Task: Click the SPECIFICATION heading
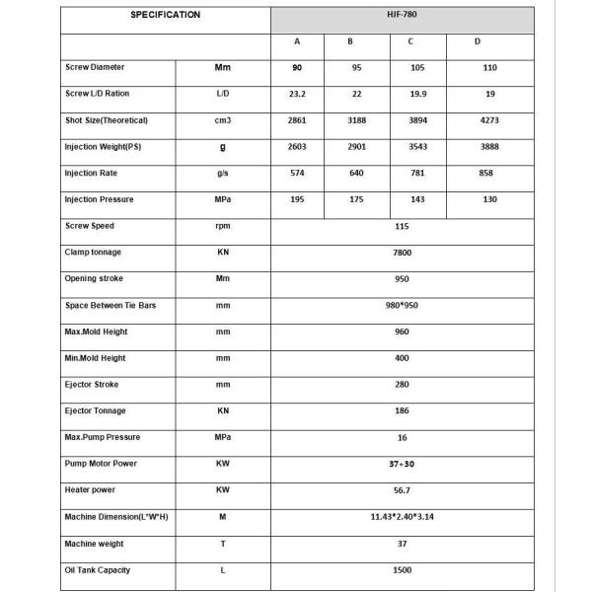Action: coord(165,15)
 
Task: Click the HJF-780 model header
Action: coord(402,16)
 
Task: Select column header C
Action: coord(410,42)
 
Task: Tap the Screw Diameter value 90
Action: coord(297,68)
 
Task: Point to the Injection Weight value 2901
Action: coord(355,147)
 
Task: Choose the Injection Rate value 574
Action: coord(297,173)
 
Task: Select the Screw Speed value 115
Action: coord(402,226)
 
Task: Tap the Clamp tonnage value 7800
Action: coord(402,253)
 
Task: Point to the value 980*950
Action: coord(402,306)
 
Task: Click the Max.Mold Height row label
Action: coord(98,332)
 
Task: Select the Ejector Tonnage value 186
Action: coord(402,411)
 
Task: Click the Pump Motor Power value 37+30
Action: coord(402,464)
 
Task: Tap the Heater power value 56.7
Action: coord(402,490)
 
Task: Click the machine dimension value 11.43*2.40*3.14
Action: coord(402,517)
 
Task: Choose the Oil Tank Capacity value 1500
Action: coord(402,570)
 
